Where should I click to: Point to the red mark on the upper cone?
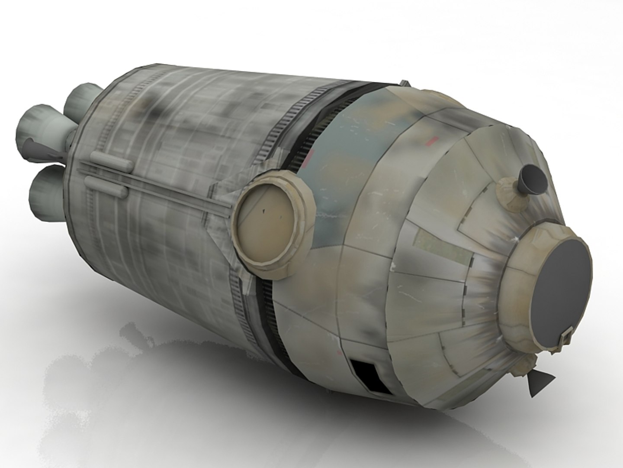click(x=431, y=140)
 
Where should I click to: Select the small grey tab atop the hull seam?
click(x=405, y=82)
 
